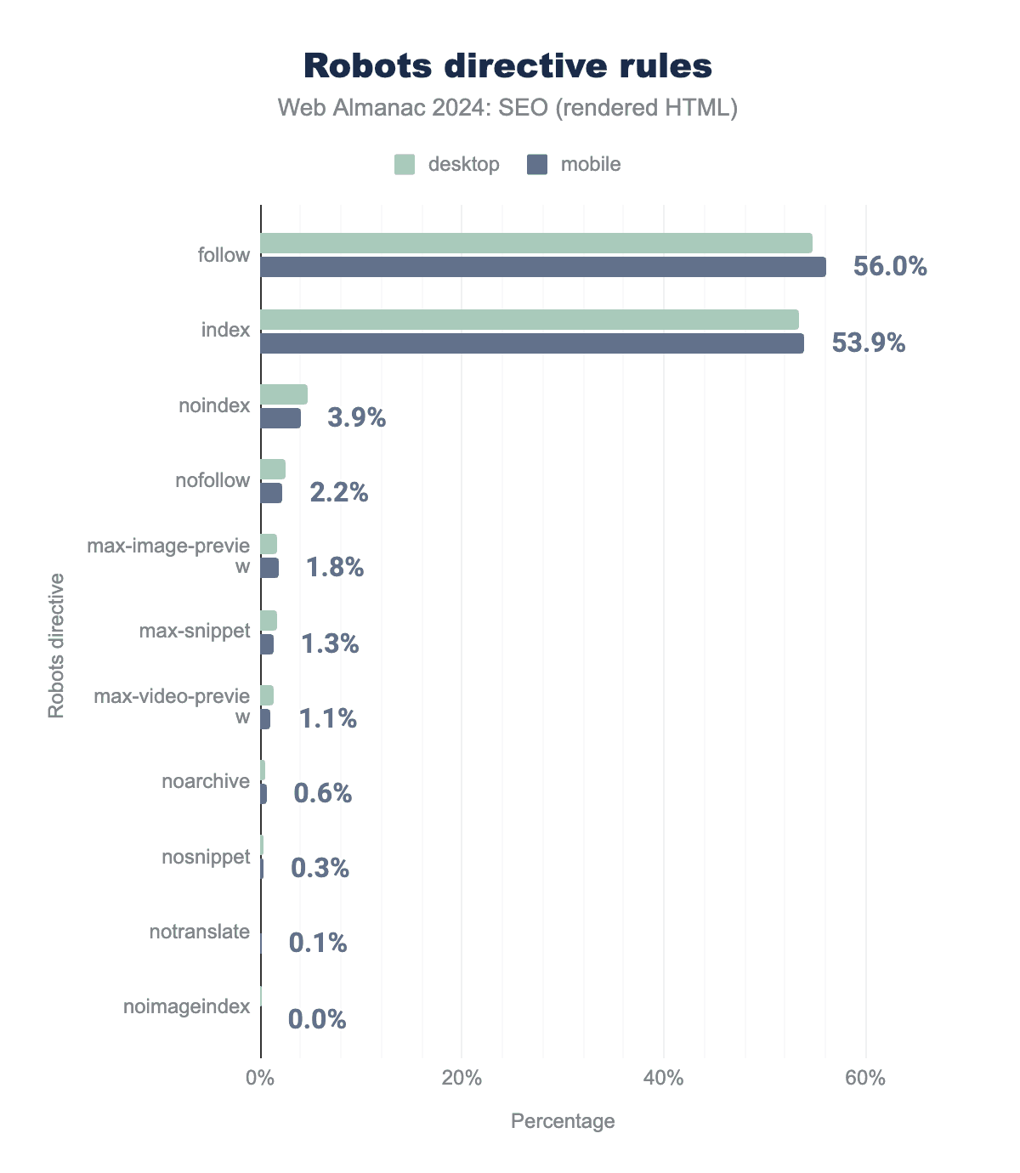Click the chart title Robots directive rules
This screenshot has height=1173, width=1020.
click(507, 65)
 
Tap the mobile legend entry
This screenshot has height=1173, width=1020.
click(575, 164)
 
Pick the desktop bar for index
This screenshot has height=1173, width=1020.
click(529, 320)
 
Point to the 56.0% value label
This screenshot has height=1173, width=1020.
click(889, 267)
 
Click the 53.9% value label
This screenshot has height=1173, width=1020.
click(868, 343)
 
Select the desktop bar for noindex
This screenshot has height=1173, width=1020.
click(284, 394)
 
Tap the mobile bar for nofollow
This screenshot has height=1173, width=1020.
click(271, 493)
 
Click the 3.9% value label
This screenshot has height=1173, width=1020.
click(356, 418)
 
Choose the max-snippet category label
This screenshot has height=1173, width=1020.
click(195, 631)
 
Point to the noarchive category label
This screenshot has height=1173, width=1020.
click(206, 781)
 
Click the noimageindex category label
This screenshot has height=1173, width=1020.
click(187, 1006)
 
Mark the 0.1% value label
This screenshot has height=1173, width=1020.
click(318, 943)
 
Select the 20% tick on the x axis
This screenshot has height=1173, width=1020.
click(462, 1079)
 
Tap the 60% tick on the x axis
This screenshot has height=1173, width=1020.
click(865, 1079)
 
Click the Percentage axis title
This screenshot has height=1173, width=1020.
click(563, 1121)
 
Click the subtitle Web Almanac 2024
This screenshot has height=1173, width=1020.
click(507, 108)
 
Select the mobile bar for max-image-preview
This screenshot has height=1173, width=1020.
click(269, 568)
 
